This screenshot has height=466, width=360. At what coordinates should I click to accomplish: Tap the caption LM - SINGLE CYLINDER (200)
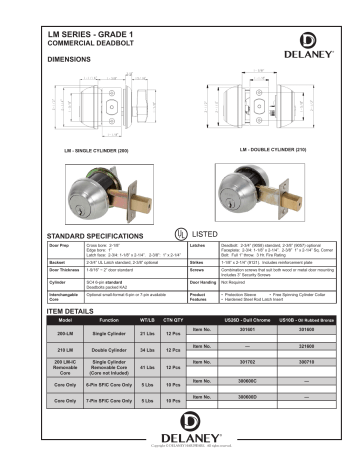pos(99,151)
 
